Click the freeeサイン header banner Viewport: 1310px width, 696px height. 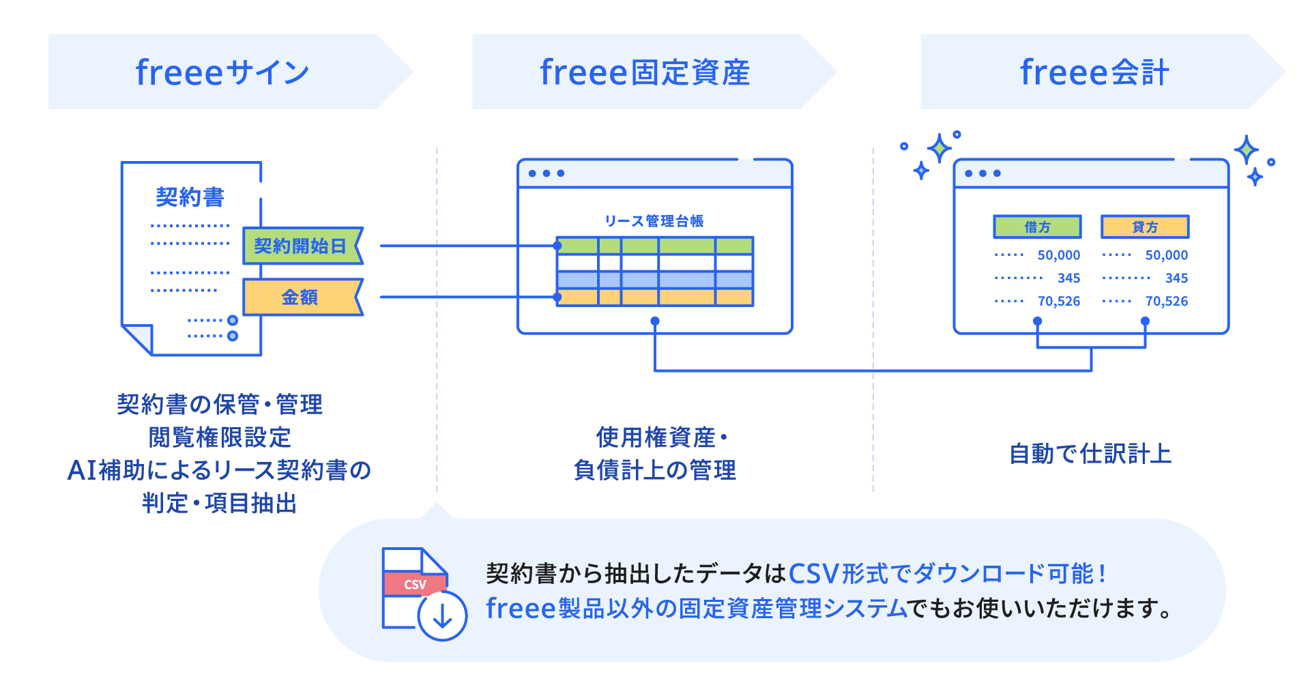pos(222,72)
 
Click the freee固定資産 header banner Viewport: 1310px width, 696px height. pos(645,72)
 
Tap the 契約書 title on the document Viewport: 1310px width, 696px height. pos(190,197)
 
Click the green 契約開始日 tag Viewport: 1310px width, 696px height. pos(301,246)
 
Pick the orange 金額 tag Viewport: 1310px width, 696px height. pos(300,297)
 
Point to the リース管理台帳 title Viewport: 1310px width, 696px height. pos(654,221)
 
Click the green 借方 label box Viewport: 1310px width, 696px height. pos(1037,227)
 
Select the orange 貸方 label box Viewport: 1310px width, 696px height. pos(1144,227)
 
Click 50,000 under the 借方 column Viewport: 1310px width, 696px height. pos(1058,255)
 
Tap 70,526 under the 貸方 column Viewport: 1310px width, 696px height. pos(1166,301)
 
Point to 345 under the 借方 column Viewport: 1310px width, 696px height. pos(1068,278)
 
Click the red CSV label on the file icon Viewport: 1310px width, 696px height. pos(415,584)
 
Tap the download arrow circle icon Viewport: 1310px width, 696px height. pos(443,616)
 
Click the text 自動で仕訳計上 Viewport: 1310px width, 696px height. pos(1090,454)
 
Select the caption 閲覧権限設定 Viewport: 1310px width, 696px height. pos(220,437)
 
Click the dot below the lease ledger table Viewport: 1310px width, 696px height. pos(654,321)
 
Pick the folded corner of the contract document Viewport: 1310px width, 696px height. pos(139,338)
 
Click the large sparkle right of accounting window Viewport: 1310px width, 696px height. pos(1246,149)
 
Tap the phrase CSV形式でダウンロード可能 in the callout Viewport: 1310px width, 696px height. pos(942,574)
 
